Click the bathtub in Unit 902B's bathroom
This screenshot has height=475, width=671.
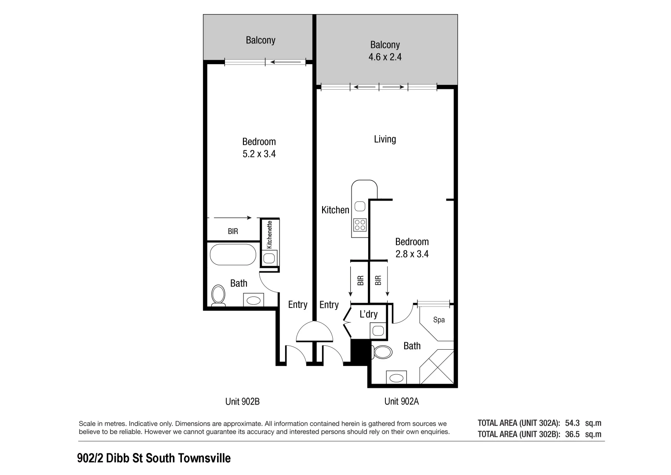pyautogui.click(x=232, y=255)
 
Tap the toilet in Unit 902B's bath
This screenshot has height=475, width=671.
pyautogui.click(x=218, y=295)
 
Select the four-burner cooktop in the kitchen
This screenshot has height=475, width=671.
pyautogui.click(x=360, y=224)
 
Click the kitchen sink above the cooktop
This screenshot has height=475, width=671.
pyautogui.click(x=360, y=206)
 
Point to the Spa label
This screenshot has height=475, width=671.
pyautogui.click(x=439, y=320)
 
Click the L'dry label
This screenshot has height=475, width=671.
pyautogui.click(x=368, y=314)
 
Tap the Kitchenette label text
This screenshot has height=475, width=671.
pyautogui.click(x=270, y=234)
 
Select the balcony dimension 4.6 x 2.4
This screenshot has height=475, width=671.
pyautogui.click(x=385, y=57)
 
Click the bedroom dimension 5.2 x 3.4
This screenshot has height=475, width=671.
pyautogui.click(x=259, y=154)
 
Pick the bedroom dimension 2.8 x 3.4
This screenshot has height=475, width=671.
pyautogui.click(x=412, y=254)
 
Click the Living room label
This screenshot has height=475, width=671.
pyautogui.click(x=385, y=139)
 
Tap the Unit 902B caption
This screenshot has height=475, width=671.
pyautogui.click(x=243, y=401)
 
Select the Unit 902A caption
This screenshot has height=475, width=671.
pyautogui.click(x=402, y=401)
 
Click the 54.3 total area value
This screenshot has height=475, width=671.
pyautogui.click(x=572, y=423)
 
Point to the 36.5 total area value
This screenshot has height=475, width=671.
pyautogui.click(x=572, y=434)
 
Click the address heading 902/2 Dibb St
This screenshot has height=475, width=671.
pyautogui.click(x=154, y=458)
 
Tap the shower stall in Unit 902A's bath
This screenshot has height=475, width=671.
pyautogui.click(x=437, y=367)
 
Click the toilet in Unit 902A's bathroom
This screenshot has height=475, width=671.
pyautogui.click(x=382, y=352)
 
